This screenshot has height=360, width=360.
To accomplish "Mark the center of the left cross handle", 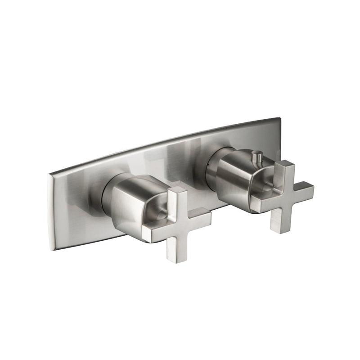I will [x=176, y=220].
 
